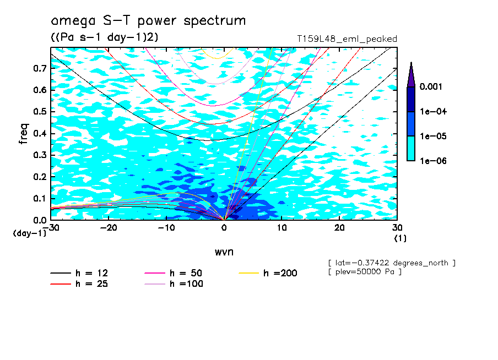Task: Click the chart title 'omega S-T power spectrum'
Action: pyautogui.click(x=148, y=21)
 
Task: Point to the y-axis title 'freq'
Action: pyautogui.click(x=23, y=134)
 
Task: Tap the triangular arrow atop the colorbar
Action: pyautogui.click(x=411, y=74)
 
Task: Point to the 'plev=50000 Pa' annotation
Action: pyautogui.click(x=364, y=272)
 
